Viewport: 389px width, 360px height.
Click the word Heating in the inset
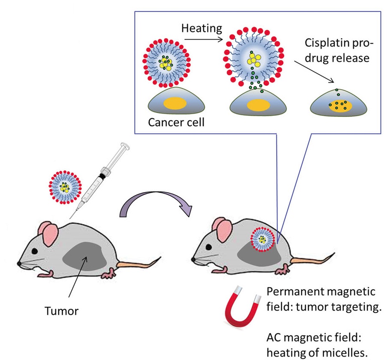pyautogui.click(x=202, y=29)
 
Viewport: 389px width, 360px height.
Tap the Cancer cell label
pyautogui.click(x=176, y=123)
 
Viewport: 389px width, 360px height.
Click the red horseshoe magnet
pyautogui.click(x=241, y=312)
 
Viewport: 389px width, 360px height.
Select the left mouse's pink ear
pyautogui.click(x=47, y=232)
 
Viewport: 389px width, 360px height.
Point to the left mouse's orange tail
pyautogui.click(x=139, y=261)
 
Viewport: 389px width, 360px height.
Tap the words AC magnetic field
pyautogui.click(x=314, y=337)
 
